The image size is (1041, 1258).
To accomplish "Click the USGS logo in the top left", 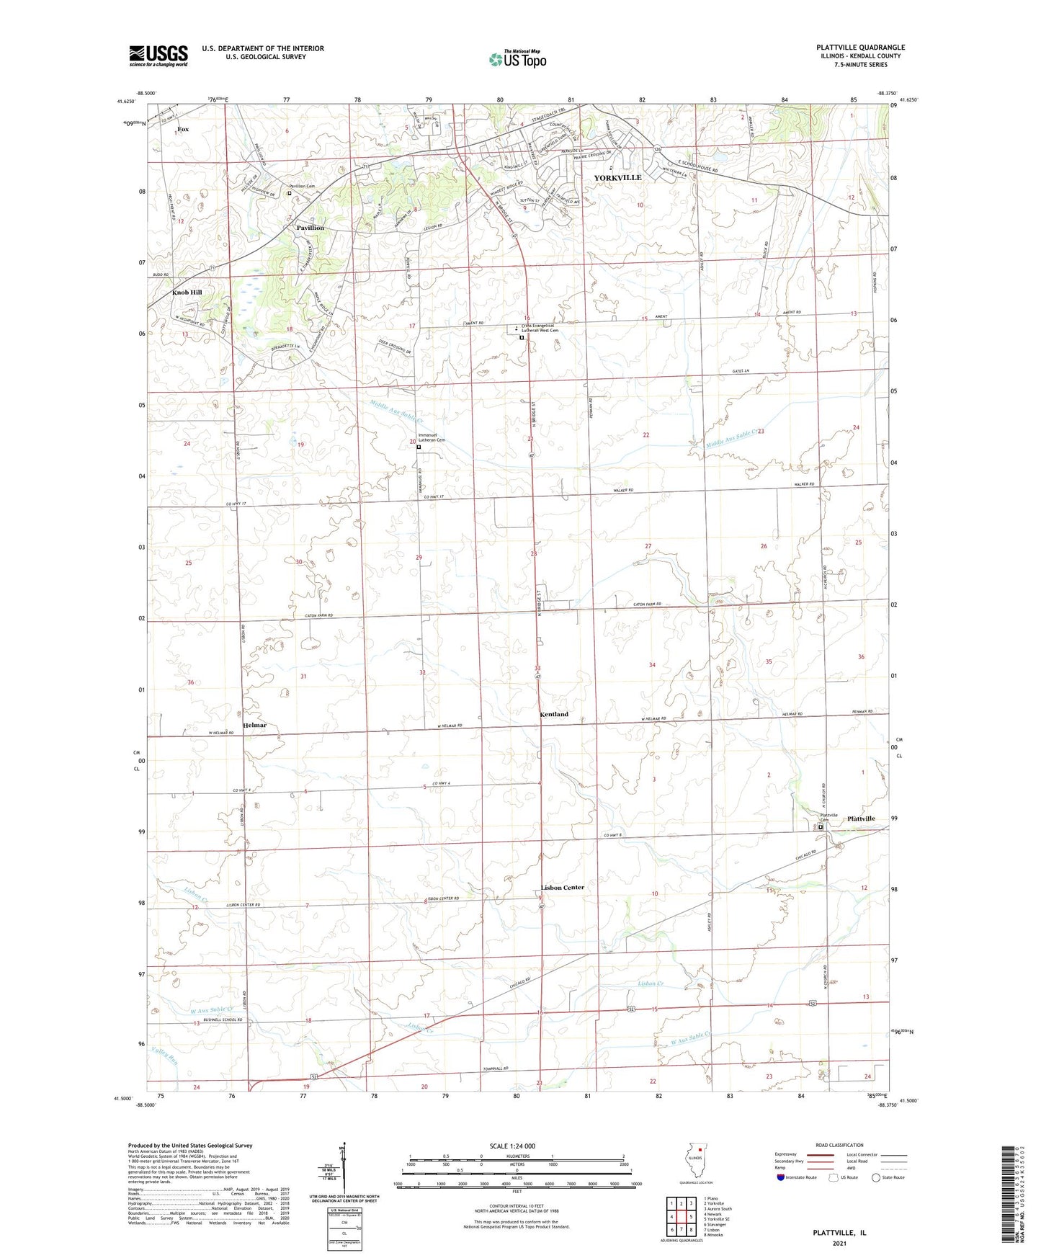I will tap(158, 55).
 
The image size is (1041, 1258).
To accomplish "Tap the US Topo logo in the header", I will tap(517, 59).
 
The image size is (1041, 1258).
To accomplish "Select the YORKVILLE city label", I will tap(617, 177).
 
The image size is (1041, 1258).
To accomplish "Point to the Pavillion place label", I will tap(310, 228).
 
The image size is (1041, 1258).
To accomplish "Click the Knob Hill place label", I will tap(187, 293).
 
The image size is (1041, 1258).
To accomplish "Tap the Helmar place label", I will tap(254, 725).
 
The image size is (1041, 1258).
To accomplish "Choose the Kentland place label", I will tap(554, 714).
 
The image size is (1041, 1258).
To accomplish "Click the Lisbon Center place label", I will tap(563, 887).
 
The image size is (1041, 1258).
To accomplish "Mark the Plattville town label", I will tap(861, 818).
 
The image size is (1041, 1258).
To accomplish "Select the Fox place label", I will tap(183, 129).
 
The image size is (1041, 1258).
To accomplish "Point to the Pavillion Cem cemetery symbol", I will tap(290, 193).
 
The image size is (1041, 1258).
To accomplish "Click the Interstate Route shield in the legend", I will tap(782, 1177).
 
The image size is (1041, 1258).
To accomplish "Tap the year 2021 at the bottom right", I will tap(839, 1243).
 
